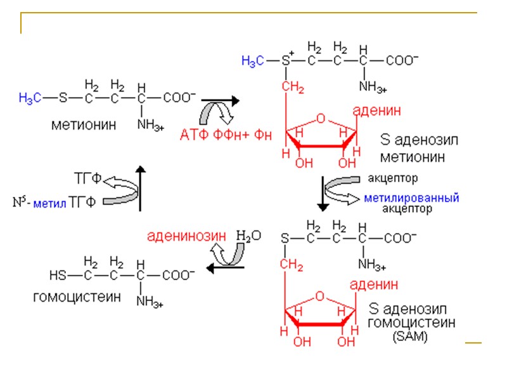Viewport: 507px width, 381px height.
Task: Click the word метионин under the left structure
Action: coord(84,125)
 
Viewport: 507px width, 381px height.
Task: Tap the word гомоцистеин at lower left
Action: coord(77,297)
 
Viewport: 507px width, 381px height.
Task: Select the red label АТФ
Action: coord(194,135)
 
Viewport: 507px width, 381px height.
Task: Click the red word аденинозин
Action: coord(186,236)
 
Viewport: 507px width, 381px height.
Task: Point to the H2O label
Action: coord(248,236)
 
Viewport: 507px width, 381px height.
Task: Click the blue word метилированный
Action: coord(411,198)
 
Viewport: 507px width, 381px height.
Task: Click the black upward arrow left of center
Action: coord(141,187)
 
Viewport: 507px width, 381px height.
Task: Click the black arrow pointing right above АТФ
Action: coord(219,101)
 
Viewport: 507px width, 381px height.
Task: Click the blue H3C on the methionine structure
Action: coord(30,98)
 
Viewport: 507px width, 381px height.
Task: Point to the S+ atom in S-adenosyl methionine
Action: coord(286,60)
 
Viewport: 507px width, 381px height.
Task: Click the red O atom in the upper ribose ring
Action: coord(321,117)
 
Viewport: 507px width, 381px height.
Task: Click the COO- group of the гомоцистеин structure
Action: coord(179,275)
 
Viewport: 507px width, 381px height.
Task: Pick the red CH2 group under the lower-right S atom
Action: coord(292,264)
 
